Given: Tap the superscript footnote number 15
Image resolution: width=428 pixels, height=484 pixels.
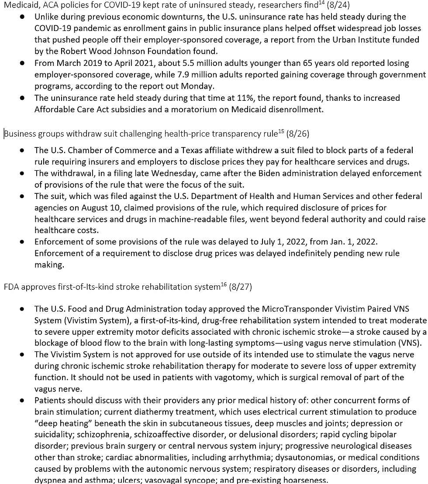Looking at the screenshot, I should tap(281, 131).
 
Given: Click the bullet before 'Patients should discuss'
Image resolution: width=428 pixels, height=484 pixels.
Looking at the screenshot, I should tap(22, 400).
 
